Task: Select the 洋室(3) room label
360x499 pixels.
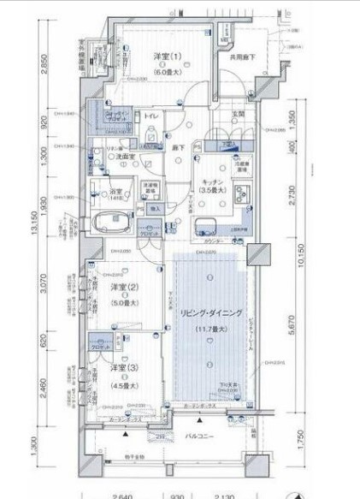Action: click(x=120, y=367)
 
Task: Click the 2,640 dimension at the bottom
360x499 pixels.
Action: click(x=123, y=495)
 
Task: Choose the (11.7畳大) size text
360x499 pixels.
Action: click(x=207, y=329)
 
